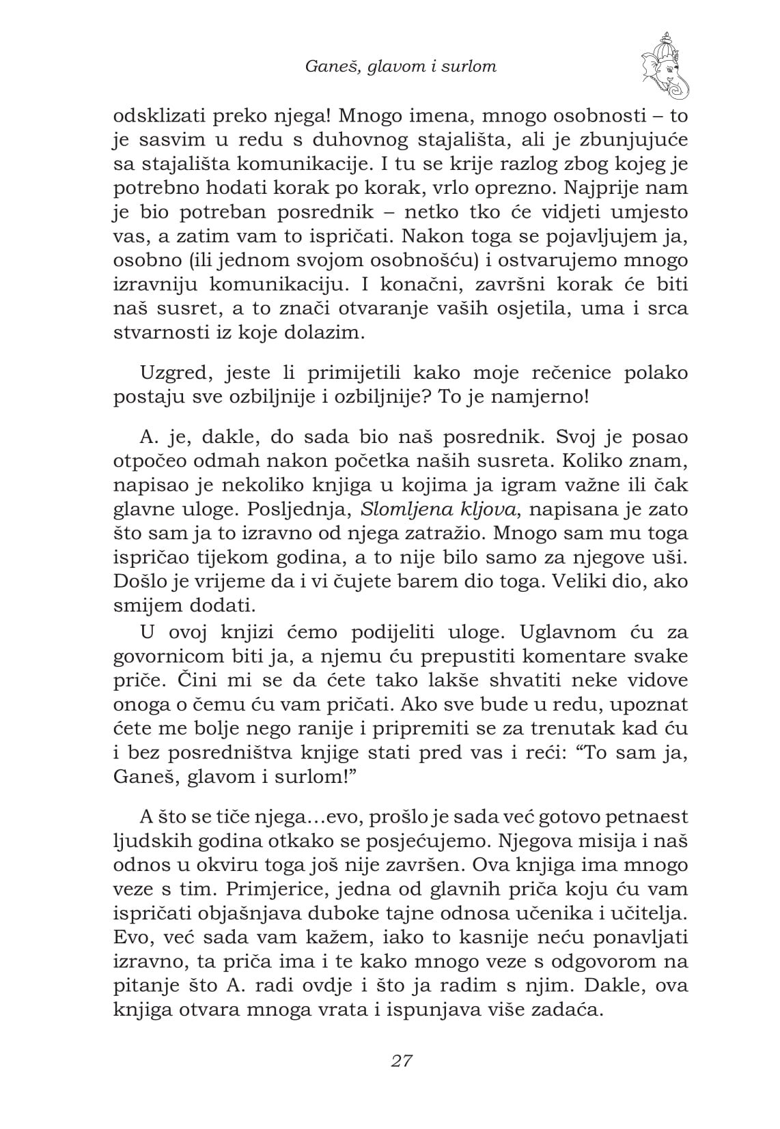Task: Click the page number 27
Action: (x=401, y=1061)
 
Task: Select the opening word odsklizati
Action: (x=159, y=115)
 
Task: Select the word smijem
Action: (x=147, y=605)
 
